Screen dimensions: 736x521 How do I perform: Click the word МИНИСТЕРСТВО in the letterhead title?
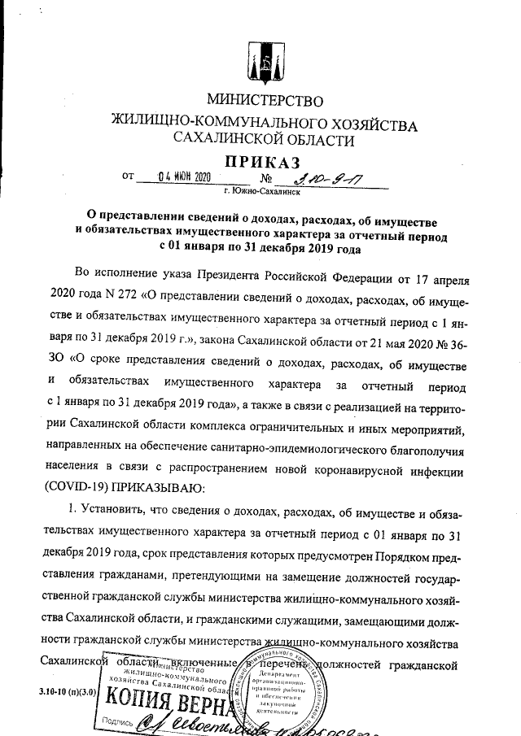[265, 102]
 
